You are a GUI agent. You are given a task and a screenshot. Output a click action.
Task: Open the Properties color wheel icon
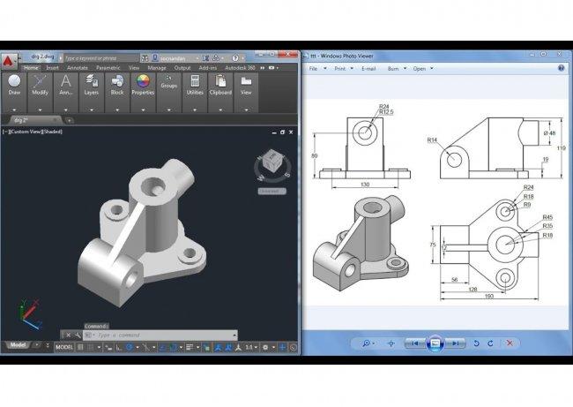click(143, 82)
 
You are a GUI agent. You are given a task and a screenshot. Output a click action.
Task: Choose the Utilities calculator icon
click(195, 82)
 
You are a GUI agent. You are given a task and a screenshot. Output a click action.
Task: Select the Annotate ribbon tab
click(78, 67)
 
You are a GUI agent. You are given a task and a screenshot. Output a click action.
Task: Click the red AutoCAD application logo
click(8, 60)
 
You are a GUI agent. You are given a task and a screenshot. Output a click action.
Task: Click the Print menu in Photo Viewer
click(341, 68)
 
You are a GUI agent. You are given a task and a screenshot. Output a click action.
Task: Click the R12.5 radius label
click(386, 112)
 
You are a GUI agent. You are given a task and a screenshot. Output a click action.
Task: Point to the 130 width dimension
click(364, 184)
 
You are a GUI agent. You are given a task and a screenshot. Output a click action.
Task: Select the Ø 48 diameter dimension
click(550, 132)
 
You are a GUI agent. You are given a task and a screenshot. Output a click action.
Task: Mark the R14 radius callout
click(433, 139)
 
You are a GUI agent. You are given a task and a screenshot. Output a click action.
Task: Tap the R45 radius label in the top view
click(547, 217)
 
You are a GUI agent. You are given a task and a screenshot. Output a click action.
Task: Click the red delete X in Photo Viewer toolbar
click(509, 343)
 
